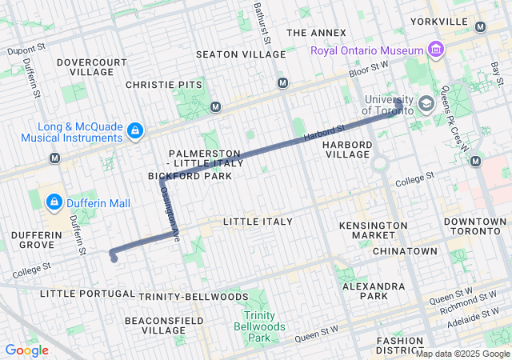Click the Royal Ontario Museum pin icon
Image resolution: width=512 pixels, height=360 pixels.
[436, 51]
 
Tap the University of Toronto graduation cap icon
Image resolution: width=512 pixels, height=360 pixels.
[426, 103]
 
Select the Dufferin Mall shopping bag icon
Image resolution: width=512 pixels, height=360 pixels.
[54, 203]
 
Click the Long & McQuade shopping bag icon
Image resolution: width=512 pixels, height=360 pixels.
[135, 130]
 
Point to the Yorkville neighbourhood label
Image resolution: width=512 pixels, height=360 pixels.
[438, 21]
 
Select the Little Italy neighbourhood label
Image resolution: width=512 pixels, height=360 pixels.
[258, 221]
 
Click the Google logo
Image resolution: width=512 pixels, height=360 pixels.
[26, 350]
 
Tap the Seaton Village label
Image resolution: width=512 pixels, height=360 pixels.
[241, 54]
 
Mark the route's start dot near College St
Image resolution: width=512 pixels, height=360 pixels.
[114, 258]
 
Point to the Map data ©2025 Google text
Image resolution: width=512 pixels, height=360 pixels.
[462, 354]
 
